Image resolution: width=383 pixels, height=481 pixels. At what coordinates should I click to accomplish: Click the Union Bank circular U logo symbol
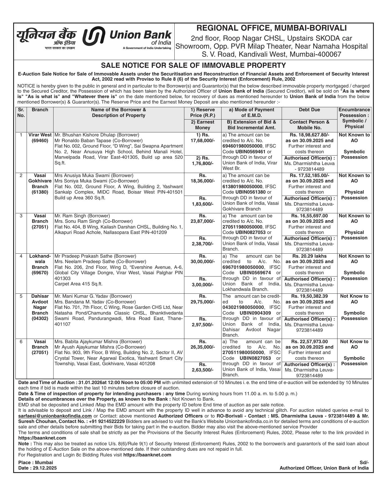[x=94, y=36]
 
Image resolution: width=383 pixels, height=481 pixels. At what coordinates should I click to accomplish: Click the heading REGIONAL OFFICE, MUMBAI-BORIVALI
[x=271, y=28]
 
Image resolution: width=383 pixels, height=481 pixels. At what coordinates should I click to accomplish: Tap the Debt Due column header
[x=309, y=110]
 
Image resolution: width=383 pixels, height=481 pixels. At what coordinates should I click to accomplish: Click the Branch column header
[x=40, y=110]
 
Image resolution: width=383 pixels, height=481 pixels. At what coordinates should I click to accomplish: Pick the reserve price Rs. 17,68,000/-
[x=202, y=138]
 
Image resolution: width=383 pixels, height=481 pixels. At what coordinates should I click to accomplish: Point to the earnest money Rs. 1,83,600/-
[x=202, y=201]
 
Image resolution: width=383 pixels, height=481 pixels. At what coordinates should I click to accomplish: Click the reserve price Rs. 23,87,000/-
[x=202, y=218]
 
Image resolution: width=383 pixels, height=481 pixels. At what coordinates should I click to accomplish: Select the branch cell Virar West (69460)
[x=40, y=138]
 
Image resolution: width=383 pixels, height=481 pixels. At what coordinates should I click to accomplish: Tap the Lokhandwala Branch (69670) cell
[x=40, y=264]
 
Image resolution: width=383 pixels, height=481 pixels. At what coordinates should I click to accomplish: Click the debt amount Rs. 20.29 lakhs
[x=309, y=256]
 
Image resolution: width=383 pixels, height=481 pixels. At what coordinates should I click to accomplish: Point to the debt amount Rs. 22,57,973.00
[x=309, y=342]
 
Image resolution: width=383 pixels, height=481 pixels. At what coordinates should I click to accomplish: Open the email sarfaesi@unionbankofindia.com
[x=55, y=416]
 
